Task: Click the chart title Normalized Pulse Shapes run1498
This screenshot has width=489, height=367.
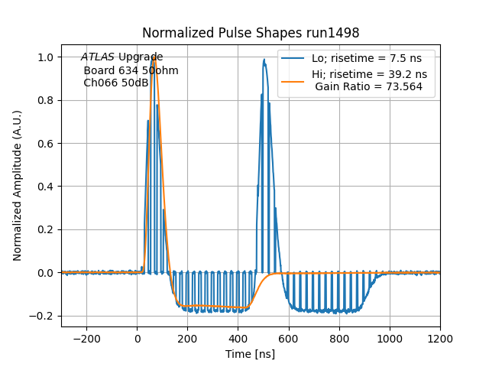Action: pyautogui.click(x=251, y=34)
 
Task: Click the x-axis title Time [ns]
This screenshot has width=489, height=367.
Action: pyautogui.click(x=251, y=354)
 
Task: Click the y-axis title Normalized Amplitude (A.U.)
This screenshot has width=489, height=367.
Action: pyautogui.click(x=18, y=186)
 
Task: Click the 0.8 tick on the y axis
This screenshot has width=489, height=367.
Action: pyautogui.click(x=47, y=100)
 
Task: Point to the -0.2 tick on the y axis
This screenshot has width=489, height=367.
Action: pyautogui.click(x=44, y=316)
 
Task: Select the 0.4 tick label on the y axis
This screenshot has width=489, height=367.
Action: pyautogui.click(x=47, y=187)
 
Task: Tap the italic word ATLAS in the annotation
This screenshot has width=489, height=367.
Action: pyautogui.click(x=98, y=57)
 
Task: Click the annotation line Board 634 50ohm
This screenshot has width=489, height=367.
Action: pyautogui.click(x=131, y=70)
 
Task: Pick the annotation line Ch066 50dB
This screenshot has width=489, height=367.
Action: pyautogui.click(x=116, y=83)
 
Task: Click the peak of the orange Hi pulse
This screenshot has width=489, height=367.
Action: pyautogui.click(x=154, y=57)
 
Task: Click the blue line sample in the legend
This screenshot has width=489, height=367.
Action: pyautogui.click(x=293, y=59)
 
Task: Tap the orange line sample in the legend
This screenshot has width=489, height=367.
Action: pyautogui.click(x=293, y=75)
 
